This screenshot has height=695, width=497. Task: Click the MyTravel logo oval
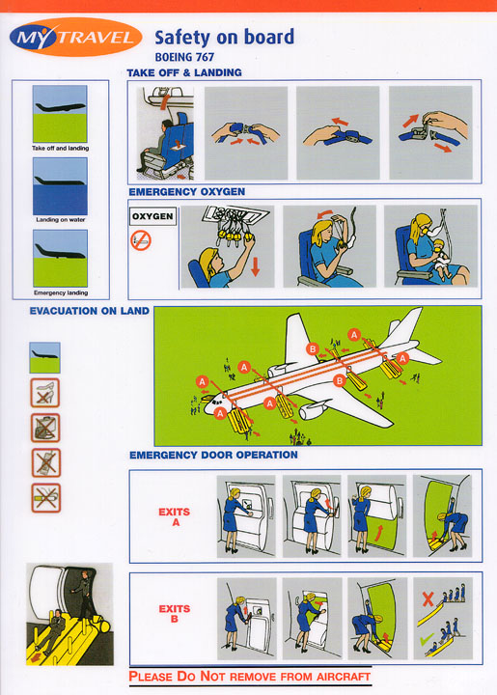click(x=75, y=38)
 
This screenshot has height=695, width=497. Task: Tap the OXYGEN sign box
click(x=152, y=216)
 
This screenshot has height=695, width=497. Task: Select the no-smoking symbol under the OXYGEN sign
click(x=141, y=240)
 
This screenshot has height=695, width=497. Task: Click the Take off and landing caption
click(x=60, y=148)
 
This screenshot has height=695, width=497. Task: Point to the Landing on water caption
click(x=61, y=219)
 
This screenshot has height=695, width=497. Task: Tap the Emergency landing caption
click(x=61, y=292)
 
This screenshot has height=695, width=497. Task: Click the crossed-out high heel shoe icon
click(x=44, y=393)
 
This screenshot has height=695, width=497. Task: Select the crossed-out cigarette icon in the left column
click(x=46, y=498)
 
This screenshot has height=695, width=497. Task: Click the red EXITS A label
click(x=175, y=516)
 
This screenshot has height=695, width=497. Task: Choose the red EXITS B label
click(x=175, y=614)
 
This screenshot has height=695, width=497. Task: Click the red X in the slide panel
click(x=428, y=599)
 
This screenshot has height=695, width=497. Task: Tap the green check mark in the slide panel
click(x=427, y=639)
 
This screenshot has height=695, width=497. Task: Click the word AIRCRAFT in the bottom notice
click(x=344, y=677)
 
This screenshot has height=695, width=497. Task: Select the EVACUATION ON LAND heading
click(x=90, y=311)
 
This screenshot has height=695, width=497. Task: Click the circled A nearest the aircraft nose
click(x=203, y=381)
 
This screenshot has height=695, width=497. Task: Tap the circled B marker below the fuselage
click(x=340, y=380)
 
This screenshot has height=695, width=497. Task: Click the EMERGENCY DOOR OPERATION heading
click(x=213, y=455)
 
